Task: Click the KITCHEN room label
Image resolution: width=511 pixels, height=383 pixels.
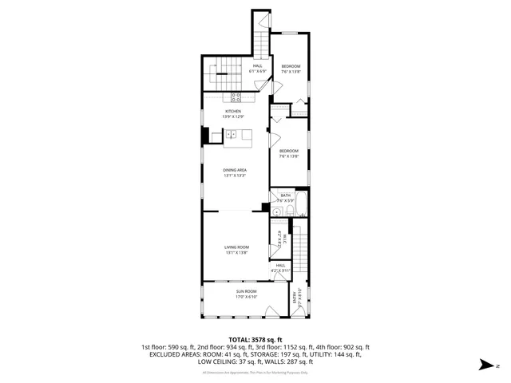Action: tap(232, 111)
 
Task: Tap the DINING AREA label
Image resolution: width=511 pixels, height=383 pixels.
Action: tap(234, 170)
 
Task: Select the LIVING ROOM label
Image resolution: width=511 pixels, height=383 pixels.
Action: tap(236, 247)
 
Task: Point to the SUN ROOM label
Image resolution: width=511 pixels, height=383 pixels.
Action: tap(244, 291)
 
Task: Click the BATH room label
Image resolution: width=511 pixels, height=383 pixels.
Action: tap(285, 195)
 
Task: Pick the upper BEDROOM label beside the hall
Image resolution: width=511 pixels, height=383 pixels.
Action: tap(290, 66)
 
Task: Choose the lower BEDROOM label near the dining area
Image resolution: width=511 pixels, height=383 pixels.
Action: tap(288, 151)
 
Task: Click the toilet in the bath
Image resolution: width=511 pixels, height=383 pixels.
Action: tap(275, 211)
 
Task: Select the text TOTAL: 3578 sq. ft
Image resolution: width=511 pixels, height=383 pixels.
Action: tap(255, 340)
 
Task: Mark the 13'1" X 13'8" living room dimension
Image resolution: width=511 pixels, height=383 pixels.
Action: tap(236, 253)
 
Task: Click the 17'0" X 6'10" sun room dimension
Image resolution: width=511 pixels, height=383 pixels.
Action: tap(244, 297)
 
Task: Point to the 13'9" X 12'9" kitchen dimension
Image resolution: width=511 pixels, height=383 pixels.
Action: tap(232, 116)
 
